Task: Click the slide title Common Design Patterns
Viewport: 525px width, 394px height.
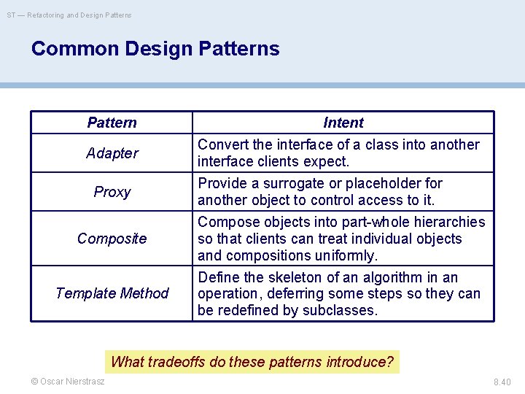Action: pos(155,49)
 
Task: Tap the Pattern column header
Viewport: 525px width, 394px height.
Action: pos(112,123)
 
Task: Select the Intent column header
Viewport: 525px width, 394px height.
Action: pos(343,123)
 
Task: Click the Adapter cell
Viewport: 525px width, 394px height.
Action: pos(112,153)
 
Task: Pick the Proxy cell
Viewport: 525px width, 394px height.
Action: pos(112,192)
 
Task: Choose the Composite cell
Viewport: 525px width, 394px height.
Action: pos(112,239)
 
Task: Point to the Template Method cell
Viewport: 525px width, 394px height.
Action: pos(112,293)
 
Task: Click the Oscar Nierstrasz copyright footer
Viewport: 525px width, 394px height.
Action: pos(68,382)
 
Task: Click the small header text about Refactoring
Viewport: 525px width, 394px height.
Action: pos(70,15)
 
